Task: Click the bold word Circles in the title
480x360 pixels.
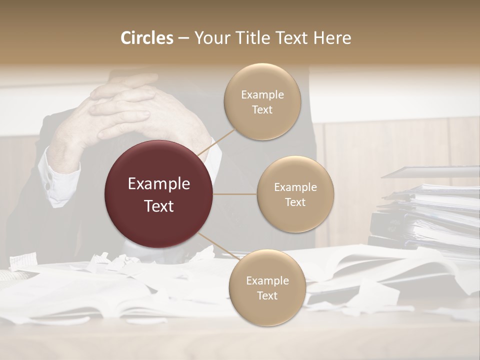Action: click(x=146, y=38)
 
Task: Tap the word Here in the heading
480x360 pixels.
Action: click(x=333, y=38)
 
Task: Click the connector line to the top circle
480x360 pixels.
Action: click(x=216, y=141)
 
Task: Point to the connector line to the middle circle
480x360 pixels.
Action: click(x=235, y=194)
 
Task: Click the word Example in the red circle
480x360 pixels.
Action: click(x=159, y=184)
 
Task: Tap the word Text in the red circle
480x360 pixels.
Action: click(x=159, y=206)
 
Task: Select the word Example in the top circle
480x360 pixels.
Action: click(x=262, y=95)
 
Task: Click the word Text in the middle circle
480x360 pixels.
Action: click(x=295, y=202)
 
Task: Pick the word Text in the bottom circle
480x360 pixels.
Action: click(x=267, y=296)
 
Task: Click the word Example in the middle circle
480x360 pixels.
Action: click(x=295, y=187)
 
